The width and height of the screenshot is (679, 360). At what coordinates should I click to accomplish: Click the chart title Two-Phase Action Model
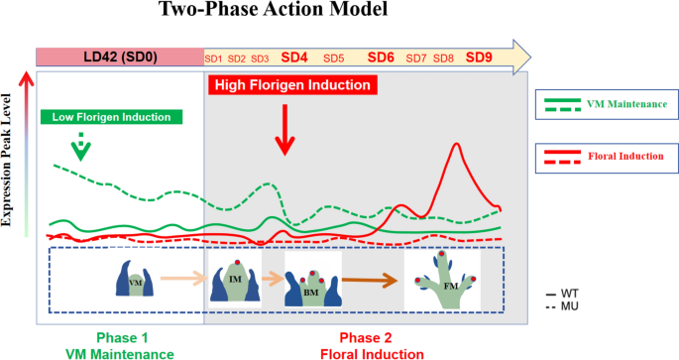[x=261, y=15]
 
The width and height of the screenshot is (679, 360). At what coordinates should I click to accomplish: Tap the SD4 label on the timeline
[x=295, y=58]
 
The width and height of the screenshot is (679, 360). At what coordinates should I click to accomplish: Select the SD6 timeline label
[x=381, y=58]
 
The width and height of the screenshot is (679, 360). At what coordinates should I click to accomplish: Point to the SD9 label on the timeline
[x=479, y=58]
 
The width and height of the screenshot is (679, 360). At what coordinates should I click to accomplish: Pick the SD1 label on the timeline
[x=213, y=59]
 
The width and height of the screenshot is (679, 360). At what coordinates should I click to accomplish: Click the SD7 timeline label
[x=417, y=59]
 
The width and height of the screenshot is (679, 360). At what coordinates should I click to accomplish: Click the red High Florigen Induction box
[x=294, y=85]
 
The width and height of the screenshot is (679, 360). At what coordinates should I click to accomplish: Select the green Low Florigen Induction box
[x=113, y=117]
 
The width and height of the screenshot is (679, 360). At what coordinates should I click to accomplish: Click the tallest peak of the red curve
[x=456, y=145]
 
